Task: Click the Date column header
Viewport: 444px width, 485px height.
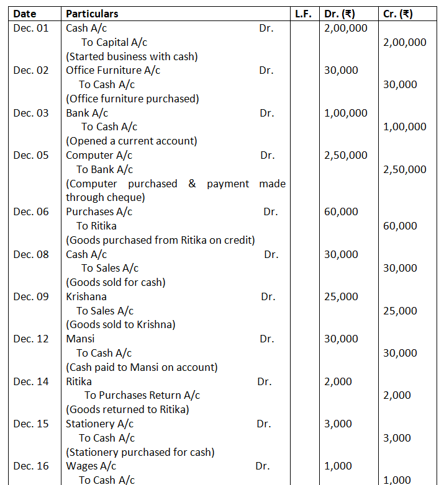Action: pyautogui.click(x=25, y=14)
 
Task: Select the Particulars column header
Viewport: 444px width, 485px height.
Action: pyautogui.click(x=92, y=14)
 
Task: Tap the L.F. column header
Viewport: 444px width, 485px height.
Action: pyautogui.click(x=303, y=14)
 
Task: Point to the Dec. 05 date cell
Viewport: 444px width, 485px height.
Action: pyautogui.click(x=30, y=155)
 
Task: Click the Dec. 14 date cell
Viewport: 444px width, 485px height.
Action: pyautogui.click(x=30, y=381)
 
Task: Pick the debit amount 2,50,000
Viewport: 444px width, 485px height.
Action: pyautogui.click(x=345, y=155)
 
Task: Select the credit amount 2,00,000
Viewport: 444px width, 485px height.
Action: pyautogui.click(x=405, y=42)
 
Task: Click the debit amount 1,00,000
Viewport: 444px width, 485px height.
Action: pyautogui.click(x=345, y=113)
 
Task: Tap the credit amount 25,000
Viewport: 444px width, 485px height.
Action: pyautogui.click(x=400, y=311)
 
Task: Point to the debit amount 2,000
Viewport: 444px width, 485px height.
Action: pyautogui.click(x=338, y=381)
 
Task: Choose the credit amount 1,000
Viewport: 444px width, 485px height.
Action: pyautogui.click(x=397, y=479)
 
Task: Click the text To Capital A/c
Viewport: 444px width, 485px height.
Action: pyautogui.click(x=114, y=42)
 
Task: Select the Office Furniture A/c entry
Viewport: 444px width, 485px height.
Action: pyautogui.click(x=113, y=70)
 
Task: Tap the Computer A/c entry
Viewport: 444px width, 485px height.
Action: pyautogui.click(x=99, y=155)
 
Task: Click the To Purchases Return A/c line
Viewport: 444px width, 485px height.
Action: pyautogui.click(x=142, y=395)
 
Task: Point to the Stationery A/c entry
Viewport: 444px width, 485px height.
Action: pyautogui.click(x=99, y=424)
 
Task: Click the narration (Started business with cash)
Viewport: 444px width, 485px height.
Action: pyautogui.click(x=132, y=56)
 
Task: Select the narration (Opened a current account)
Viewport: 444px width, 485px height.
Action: pyautogui.click(x=132, y=141)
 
